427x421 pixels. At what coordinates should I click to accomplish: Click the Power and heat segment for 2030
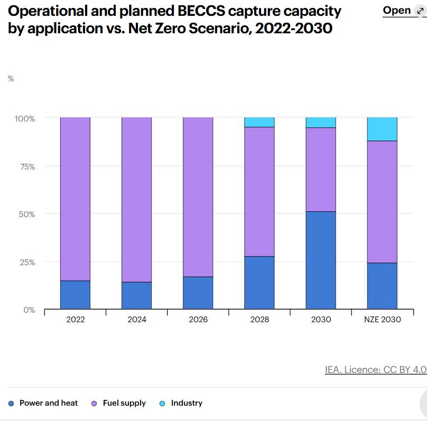click(x=321, y=260)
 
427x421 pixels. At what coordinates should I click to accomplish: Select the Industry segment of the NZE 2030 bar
click(x=382, y=129)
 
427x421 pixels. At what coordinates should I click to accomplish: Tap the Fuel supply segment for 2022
click(x=75, y=199)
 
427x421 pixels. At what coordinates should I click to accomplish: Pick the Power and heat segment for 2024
click(x=136, y=295)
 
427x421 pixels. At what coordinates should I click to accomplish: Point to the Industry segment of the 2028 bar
click(x=259, y=122)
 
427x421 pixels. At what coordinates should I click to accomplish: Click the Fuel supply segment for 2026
click(x=198, y=197)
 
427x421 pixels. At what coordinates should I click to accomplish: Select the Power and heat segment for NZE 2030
click(x=382, y=286)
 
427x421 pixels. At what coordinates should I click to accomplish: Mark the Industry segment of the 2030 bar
click(x=321, y=123)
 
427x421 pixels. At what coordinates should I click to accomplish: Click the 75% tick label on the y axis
click(x=25, y=166)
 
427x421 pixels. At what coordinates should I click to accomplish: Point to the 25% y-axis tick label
click(x=25, y=262)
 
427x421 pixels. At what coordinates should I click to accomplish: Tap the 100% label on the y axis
click(x=24, y=118)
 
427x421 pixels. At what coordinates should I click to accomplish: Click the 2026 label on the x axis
click(x=198, y=320)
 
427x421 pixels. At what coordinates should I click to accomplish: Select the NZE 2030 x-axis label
click(x=382, y=320)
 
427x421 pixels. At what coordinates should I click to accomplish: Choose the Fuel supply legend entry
click(x=124, y=403)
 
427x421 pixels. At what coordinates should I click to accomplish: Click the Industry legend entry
click(x=187, y=403)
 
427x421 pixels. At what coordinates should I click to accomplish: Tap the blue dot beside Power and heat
click(x=12, y=404)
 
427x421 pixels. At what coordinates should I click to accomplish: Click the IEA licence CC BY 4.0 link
click(x=375, y=370)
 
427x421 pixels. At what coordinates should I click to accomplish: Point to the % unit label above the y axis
click(x=11, y=79)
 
